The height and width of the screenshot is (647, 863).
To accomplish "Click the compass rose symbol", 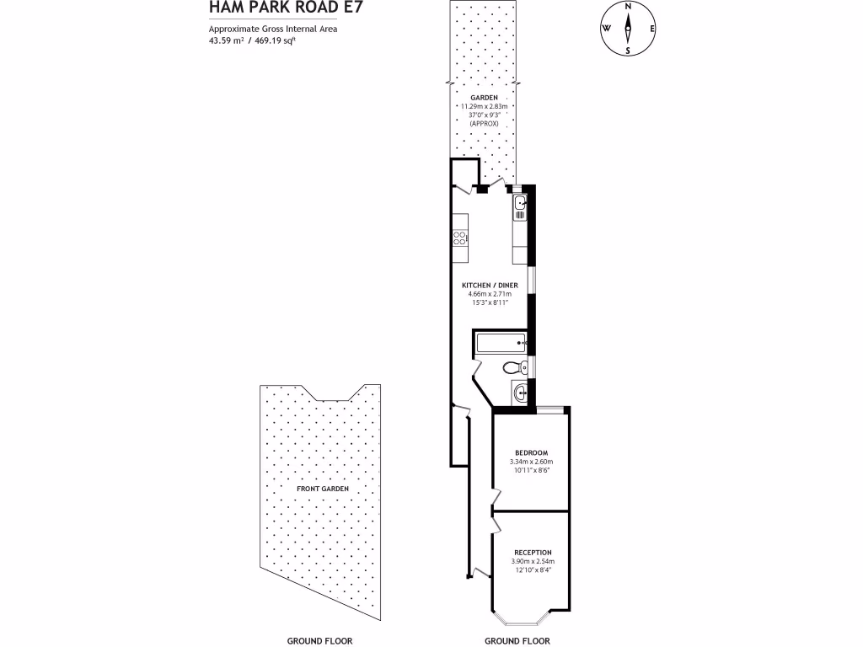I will (x=627, y=28).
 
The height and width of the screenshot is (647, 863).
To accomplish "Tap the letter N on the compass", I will (x=628, y=6).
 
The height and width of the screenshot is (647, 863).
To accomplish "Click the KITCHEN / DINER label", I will (x=489, y=286).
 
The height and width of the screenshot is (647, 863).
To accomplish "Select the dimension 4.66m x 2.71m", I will (x=489, y=294).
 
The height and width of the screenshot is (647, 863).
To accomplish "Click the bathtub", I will (x=500, y=343).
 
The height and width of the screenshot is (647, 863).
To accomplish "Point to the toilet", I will (x=512, y=367).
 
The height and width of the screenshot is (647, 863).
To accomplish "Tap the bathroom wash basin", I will (x=519, y=392).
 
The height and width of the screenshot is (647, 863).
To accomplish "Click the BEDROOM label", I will (x=531, y=452).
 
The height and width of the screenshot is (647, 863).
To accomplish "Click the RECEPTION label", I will (x=532, y=553).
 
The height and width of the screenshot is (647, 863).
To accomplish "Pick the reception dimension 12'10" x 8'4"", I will (x=532, y=570).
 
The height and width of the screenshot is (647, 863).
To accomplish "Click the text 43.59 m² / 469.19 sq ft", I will (x=252, y=40).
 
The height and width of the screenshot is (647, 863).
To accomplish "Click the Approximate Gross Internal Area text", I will (x=265, y=29).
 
